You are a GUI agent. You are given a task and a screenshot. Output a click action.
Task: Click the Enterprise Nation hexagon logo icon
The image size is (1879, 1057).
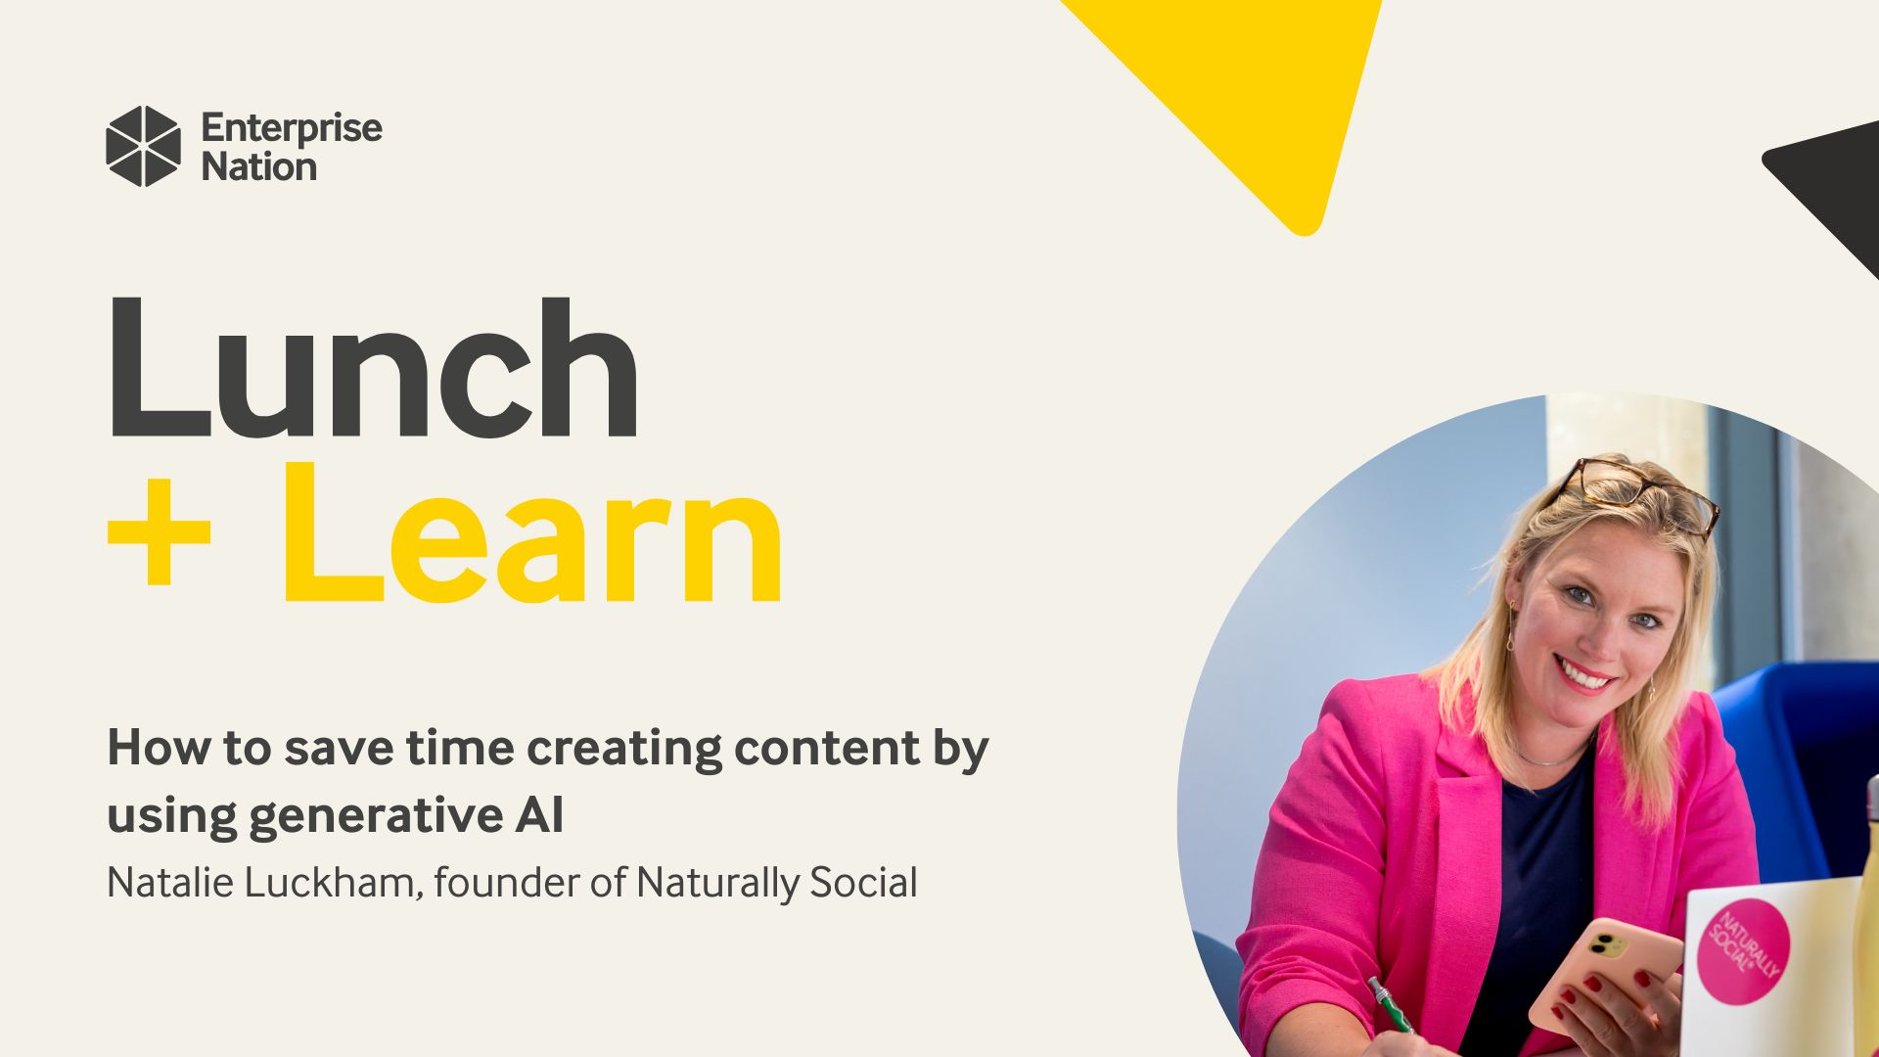pyautogui.click(x=143, y=146)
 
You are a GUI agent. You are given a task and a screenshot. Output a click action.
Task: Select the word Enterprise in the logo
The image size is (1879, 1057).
pyautogui.click(x=292, y=129)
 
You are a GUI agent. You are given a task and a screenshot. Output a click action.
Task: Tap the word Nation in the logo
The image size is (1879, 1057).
pyautogui.click(x=259, y=167)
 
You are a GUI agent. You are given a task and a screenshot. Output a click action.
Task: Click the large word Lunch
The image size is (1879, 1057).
pyautogui.click(x=372, y=368)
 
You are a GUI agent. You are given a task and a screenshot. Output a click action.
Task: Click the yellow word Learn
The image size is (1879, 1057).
pyautogui.click(x=533, y=534)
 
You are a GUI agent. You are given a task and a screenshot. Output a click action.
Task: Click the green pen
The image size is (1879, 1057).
pyautogui.click(x=1390, y=1004)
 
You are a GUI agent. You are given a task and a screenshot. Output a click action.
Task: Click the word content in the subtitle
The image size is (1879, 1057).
pyautogui.click(x=827, y=749)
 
